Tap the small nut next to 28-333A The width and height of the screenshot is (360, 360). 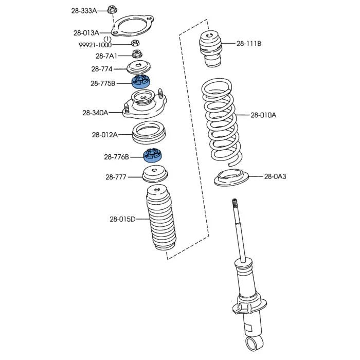tap(112, 9)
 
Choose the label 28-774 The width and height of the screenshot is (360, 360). tap(102, 69)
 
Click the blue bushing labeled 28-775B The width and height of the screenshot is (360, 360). tap(141, 82)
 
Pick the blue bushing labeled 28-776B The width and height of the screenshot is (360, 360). tap(153, 155)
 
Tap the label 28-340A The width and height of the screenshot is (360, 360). tap(95, 113)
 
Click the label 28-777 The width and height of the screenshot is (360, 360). tap(116, 177)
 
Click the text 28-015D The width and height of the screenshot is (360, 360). tap(122, 220)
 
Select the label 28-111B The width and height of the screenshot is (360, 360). tap(249, 44)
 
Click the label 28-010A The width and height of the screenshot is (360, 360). tap(263, 115)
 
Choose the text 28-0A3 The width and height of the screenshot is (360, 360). tap(275, 176)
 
